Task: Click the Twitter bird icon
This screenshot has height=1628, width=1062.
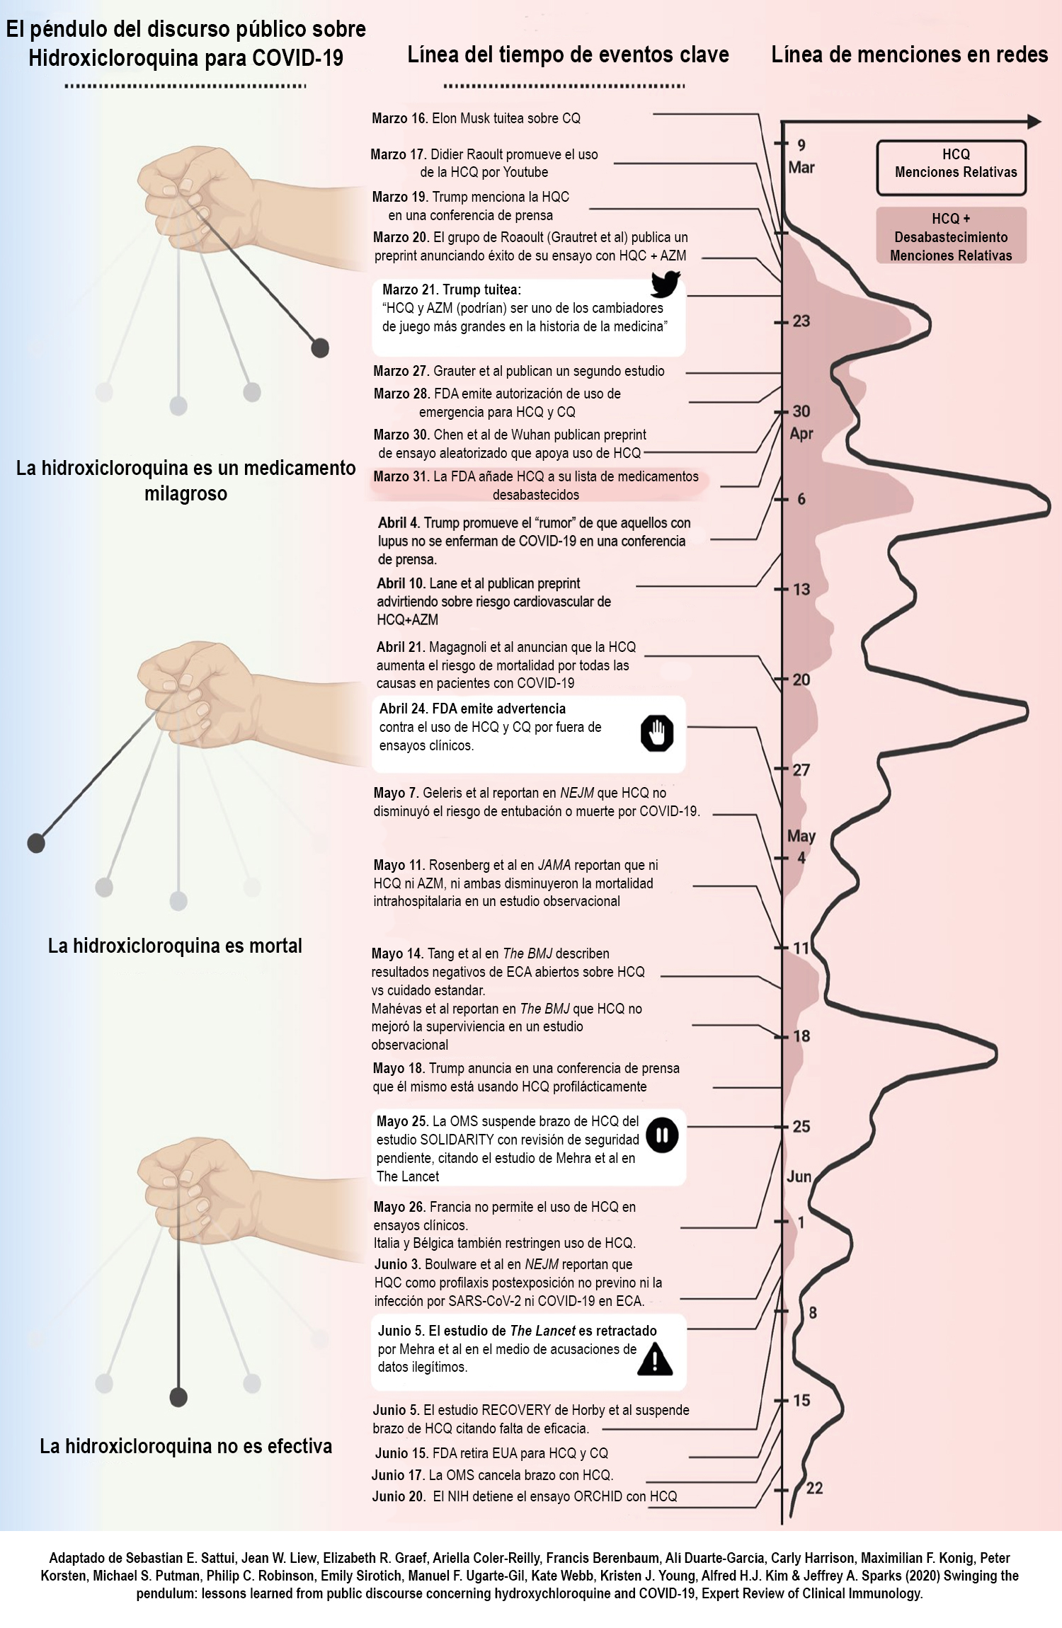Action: (x=666, y=284)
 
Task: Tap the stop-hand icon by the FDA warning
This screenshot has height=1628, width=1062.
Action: (x=657, y=733)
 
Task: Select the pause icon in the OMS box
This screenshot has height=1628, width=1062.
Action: (x=662, y=1135)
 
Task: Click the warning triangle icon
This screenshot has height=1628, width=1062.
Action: (x=655, y=1359)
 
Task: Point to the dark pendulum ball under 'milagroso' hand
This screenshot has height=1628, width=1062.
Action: (x=320, y=348)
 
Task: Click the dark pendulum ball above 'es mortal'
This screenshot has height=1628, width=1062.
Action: (x=36, y=842)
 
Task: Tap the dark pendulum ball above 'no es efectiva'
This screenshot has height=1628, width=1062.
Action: (x=178, y=1397)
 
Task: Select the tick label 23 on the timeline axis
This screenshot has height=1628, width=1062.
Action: (x=801, y=321)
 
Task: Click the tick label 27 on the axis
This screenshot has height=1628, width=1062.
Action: (x=801, y=769)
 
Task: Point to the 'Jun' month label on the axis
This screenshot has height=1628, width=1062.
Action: (x=799, y=1176)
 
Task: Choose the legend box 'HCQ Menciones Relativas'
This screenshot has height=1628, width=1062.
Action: (x=951, y=167)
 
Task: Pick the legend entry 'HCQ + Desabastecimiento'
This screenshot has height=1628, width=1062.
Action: (x=951, y=236)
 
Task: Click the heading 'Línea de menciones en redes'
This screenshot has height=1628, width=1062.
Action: (x=909, y=55)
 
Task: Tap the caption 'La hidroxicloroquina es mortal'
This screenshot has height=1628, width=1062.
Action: (x=175, y=946)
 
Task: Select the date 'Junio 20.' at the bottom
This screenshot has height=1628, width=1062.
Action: (x=399, y=1496)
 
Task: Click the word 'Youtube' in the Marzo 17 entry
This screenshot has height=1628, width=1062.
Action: (x=525, y=172)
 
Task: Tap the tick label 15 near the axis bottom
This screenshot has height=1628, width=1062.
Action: (x=801, y=1400)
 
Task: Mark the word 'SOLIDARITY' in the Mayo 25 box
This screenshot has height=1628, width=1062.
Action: (x=467, y=1140)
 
